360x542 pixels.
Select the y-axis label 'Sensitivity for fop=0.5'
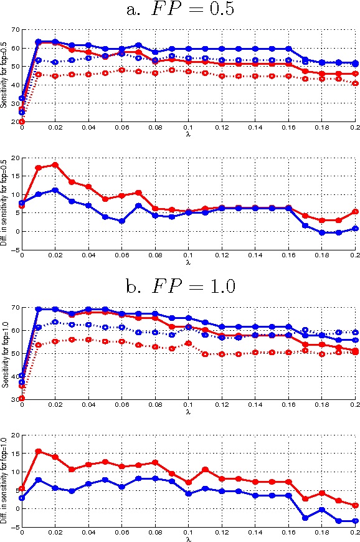[x=4, y=75]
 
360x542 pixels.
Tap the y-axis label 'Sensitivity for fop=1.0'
[x=4, y=353]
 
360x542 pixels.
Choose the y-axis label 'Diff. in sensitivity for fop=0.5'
[x=4, y=203]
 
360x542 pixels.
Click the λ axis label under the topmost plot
[x=188, y=134]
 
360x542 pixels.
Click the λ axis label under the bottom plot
[x=188, y=538]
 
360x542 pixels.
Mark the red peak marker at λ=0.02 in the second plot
[x=55, y=164]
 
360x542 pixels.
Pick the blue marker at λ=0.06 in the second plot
[x=122, y=221]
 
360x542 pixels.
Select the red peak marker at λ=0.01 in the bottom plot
[x=39, y=451]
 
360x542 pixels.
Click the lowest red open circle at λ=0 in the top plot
[x=22, y=121]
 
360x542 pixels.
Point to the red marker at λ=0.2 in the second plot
[x=355, y=211]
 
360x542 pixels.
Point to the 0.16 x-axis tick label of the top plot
[x=288, y=128]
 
